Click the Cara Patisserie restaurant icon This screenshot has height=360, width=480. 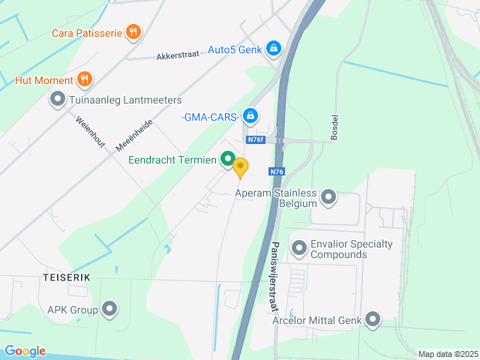pyautogui.click(x=133, y=31)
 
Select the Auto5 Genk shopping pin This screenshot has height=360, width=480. pyautogui.click(x=274, y=49)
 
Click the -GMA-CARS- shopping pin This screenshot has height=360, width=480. pyautogui.click(x=250, y=116)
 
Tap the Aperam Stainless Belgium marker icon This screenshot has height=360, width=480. pyautogui.click(x=328, y=198)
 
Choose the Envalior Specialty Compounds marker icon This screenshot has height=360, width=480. pyautogui.click(x=299, y=247)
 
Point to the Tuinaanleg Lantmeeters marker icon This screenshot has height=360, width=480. pyautogui.click(x=58, y=99)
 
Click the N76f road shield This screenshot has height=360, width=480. pyautogui.click(x=256, y=139)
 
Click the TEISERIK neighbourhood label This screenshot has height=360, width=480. pyautogui.click(x=67, y=277)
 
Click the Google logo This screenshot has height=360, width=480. pyautogui.click(x=25, y=351)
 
